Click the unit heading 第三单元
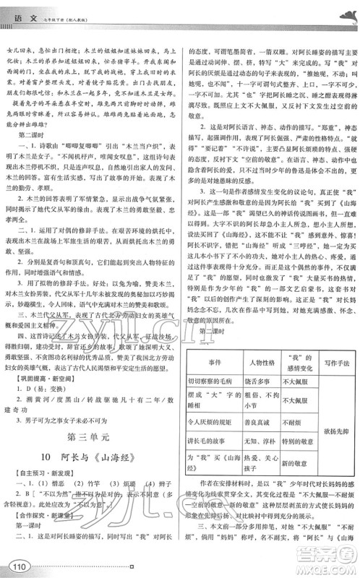tap(92, 436)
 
